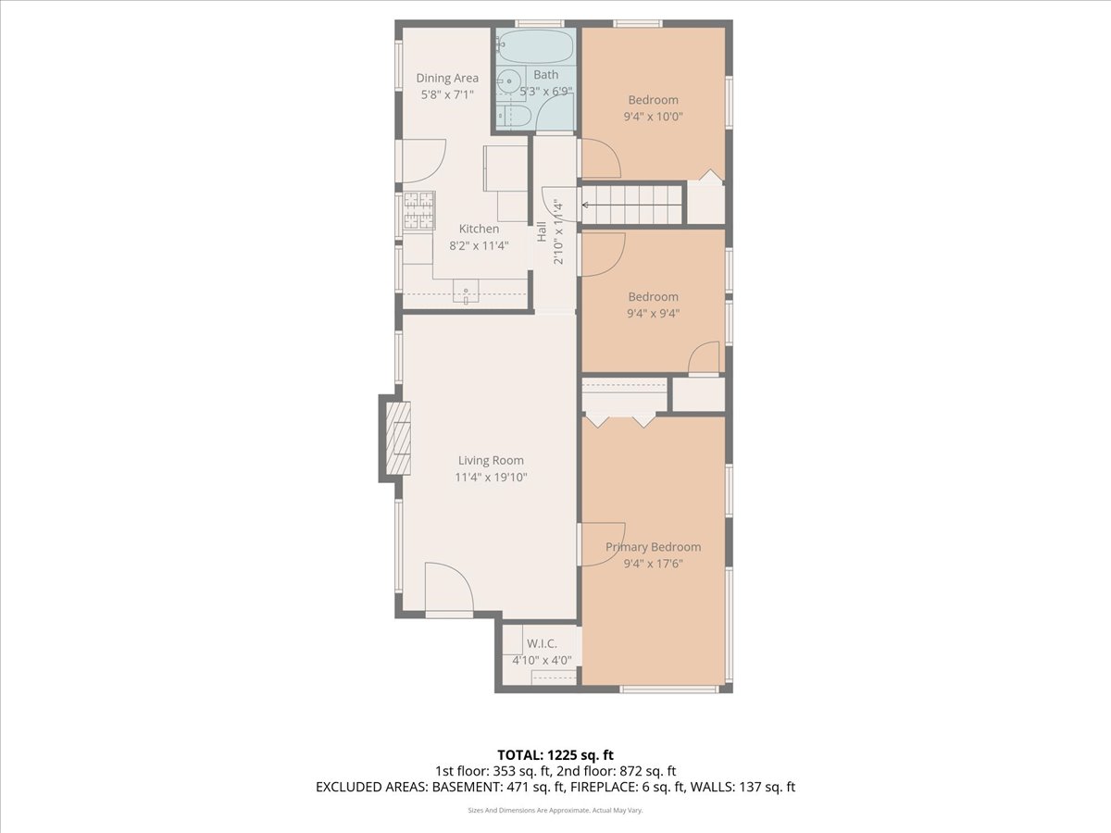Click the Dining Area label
coord(447,78)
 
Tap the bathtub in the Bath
coord(534,46)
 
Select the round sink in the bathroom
coord(506,81)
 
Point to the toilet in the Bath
coord(513,117)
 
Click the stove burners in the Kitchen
coord(418,211)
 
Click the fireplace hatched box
coord(398,438)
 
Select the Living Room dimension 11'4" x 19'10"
coord(491,477)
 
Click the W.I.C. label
coord(542,643)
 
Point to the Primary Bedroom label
coord(653,547)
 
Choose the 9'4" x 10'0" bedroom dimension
coord(653,117)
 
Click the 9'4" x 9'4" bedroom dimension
coord(653,313)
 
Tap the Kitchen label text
coord(479,229)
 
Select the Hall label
coord(542,231)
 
